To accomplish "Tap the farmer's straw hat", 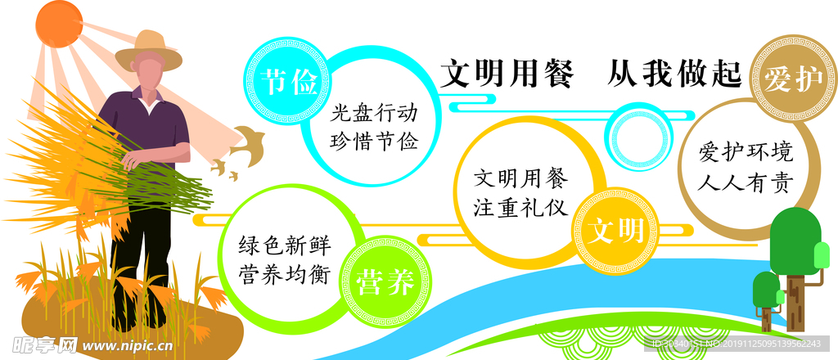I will click(x=148, y=50).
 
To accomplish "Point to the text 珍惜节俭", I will click(x=374, y=142).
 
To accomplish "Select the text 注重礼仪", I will click(x=521, y=207).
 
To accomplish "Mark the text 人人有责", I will click(x=745, y=182).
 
